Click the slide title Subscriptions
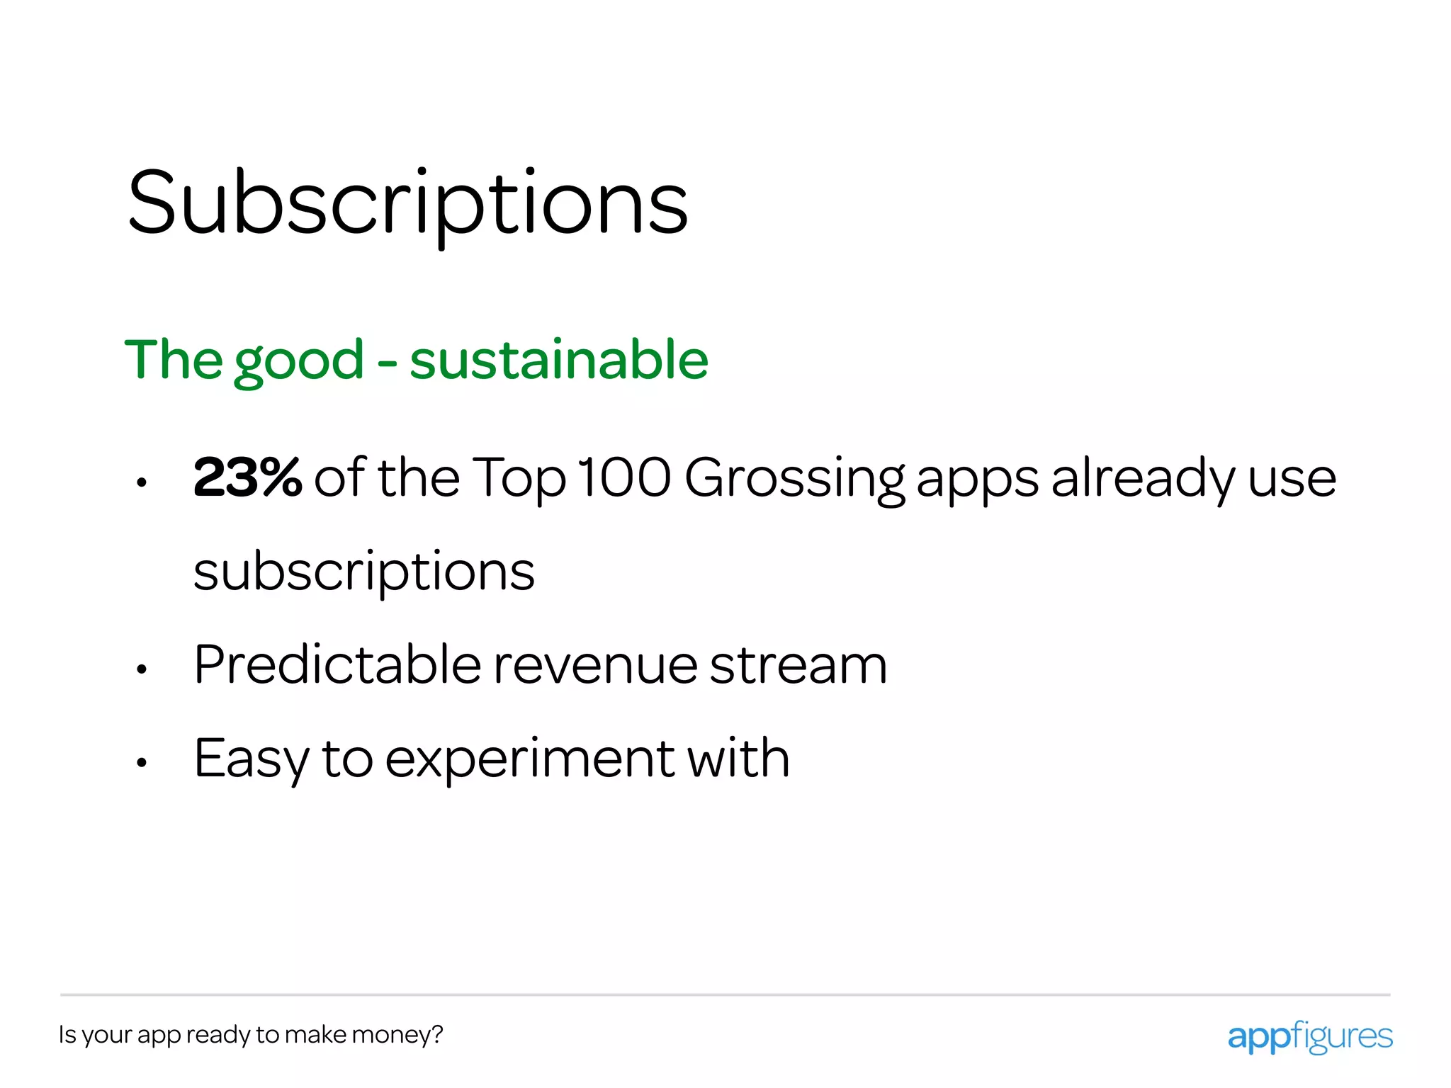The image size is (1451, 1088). [407, 203]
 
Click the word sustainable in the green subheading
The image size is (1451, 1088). [558, 360]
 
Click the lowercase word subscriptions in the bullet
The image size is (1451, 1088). [363, 572]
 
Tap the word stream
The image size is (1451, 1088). [798, 666]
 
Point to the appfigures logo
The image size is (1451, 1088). [1309, 1036]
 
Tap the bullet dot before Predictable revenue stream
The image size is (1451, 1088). [142, 669]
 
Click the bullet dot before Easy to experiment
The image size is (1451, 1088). [142, 763]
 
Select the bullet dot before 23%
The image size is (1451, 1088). [142, 483]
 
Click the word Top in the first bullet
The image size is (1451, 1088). [519, 480]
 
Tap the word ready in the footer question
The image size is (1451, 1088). [218, 1035]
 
